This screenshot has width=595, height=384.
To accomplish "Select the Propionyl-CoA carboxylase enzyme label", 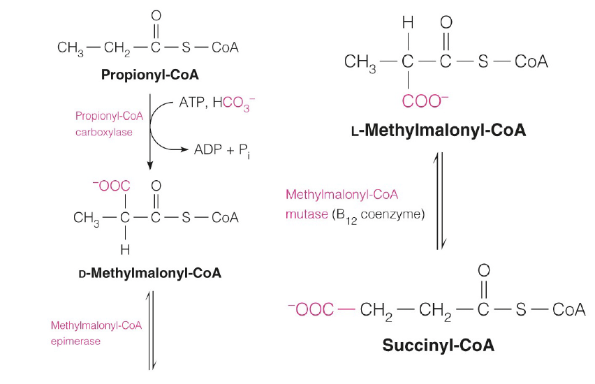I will (105, 124).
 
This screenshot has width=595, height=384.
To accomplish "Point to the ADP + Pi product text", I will (221, 149).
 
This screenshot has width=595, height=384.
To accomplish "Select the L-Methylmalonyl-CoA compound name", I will (439, 131).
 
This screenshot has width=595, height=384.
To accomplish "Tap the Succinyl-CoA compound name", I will (439, 345).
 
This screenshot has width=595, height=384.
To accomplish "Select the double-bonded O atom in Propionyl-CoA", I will (156, 15).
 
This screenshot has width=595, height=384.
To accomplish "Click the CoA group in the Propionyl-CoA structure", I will (225, 47).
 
